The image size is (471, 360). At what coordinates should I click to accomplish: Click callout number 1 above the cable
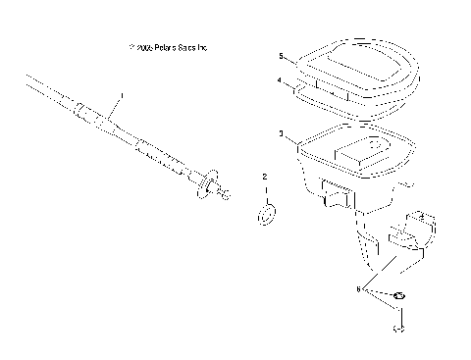click(x=122, y=96)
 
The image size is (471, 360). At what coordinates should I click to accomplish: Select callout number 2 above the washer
click(x=264, y=178)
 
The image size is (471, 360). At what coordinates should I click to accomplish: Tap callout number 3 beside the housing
click(x=282, y=132)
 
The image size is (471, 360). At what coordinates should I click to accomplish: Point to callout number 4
click(x=280, y=81)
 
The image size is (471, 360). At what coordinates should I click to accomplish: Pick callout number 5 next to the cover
click(x=281, y=57)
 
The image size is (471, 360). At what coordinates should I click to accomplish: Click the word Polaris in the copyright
click(x=167, y=46)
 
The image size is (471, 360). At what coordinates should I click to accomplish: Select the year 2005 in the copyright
click(x=142, y=46)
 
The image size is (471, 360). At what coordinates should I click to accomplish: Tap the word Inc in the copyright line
click(x=203, y=46)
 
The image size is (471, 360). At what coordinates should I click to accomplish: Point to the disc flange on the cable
click(x=205, y=183)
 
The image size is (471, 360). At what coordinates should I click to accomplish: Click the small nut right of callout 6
click(x=399, y=297)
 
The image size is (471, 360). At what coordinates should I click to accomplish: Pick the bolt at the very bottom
click(x=399, y=330)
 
